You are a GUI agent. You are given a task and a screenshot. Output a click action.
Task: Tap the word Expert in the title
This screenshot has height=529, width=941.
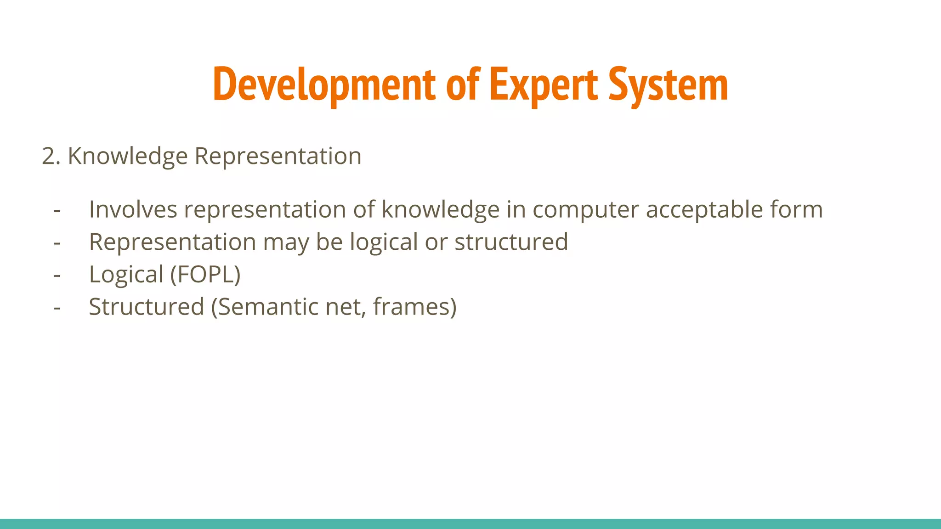click(544, 85)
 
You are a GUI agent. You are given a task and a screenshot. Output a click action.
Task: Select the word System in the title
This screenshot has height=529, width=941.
click(668, 85)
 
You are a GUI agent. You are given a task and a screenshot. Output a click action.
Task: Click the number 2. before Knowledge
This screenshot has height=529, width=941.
click(51, 156)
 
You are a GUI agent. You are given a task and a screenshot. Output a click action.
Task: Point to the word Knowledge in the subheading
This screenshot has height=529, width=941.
click(128, 156)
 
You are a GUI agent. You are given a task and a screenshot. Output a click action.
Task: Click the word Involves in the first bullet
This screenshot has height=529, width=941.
click(133, 209)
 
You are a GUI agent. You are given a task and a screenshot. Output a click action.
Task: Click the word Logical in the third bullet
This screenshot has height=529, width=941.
click(126, 275)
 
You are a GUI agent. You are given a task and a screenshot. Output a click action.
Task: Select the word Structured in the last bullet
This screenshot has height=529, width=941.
click(146, 307)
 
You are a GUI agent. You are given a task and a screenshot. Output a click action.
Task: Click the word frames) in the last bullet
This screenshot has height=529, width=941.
click(414, 307)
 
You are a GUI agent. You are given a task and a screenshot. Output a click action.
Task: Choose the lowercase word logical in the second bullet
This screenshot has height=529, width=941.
click(384, 242)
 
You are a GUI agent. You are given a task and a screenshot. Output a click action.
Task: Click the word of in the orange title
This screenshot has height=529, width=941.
click(462, 85)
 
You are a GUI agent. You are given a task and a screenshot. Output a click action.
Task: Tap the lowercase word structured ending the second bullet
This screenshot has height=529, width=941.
click(511, 242)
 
